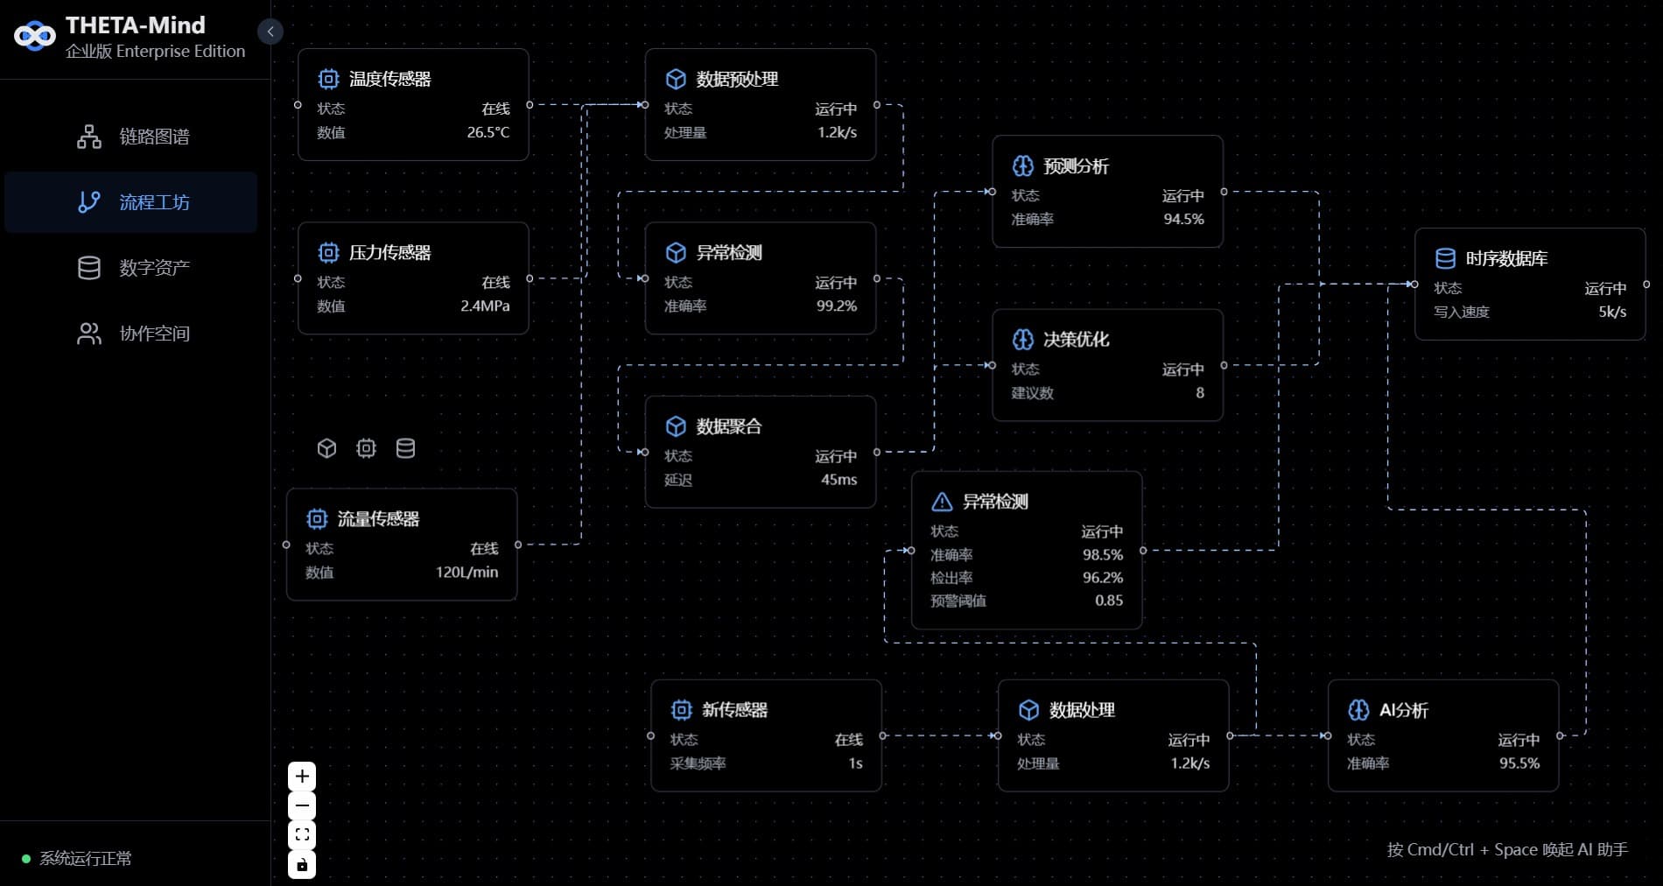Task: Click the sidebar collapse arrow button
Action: [x=270, y=32]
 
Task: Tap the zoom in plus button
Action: [x=302, y=777]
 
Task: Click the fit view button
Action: [x=302, y=835]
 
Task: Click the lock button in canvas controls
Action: [x=302, y=865]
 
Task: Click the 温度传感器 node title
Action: [x=389, y=79]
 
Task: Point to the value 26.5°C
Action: [x=488, y=132]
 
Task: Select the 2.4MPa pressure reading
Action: [x=485, y=306]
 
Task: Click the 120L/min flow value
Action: [x=467, y=572]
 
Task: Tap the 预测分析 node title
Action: [x=1076, y=166]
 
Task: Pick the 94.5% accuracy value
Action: [x=1183, y=219]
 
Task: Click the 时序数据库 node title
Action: [x=1506, y=258]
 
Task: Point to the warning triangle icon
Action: [x=942, y=502]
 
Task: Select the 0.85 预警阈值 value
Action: [x=1108, y=601]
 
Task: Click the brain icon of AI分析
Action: [x=1358, y=710]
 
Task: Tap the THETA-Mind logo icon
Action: [x=35, y=36]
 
